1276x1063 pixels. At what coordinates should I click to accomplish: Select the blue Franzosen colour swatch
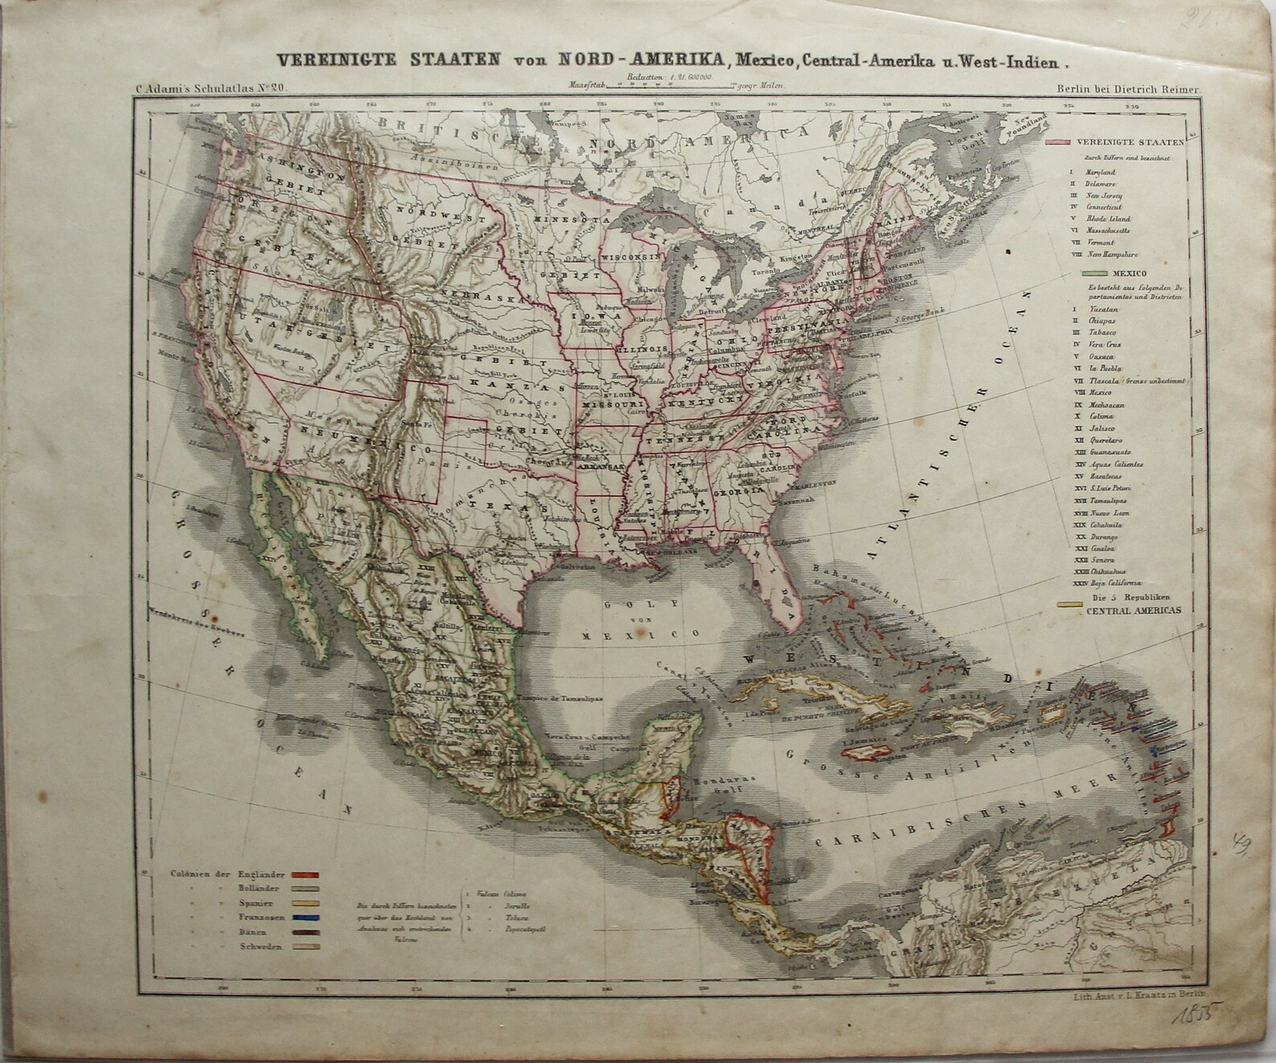(306, 918)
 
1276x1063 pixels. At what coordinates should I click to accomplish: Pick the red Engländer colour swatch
(306, 874)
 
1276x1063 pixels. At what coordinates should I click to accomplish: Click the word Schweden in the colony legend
(259, 948)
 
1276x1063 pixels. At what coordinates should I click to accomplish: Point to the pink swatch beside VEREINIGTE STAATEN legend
(1058, 142)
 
